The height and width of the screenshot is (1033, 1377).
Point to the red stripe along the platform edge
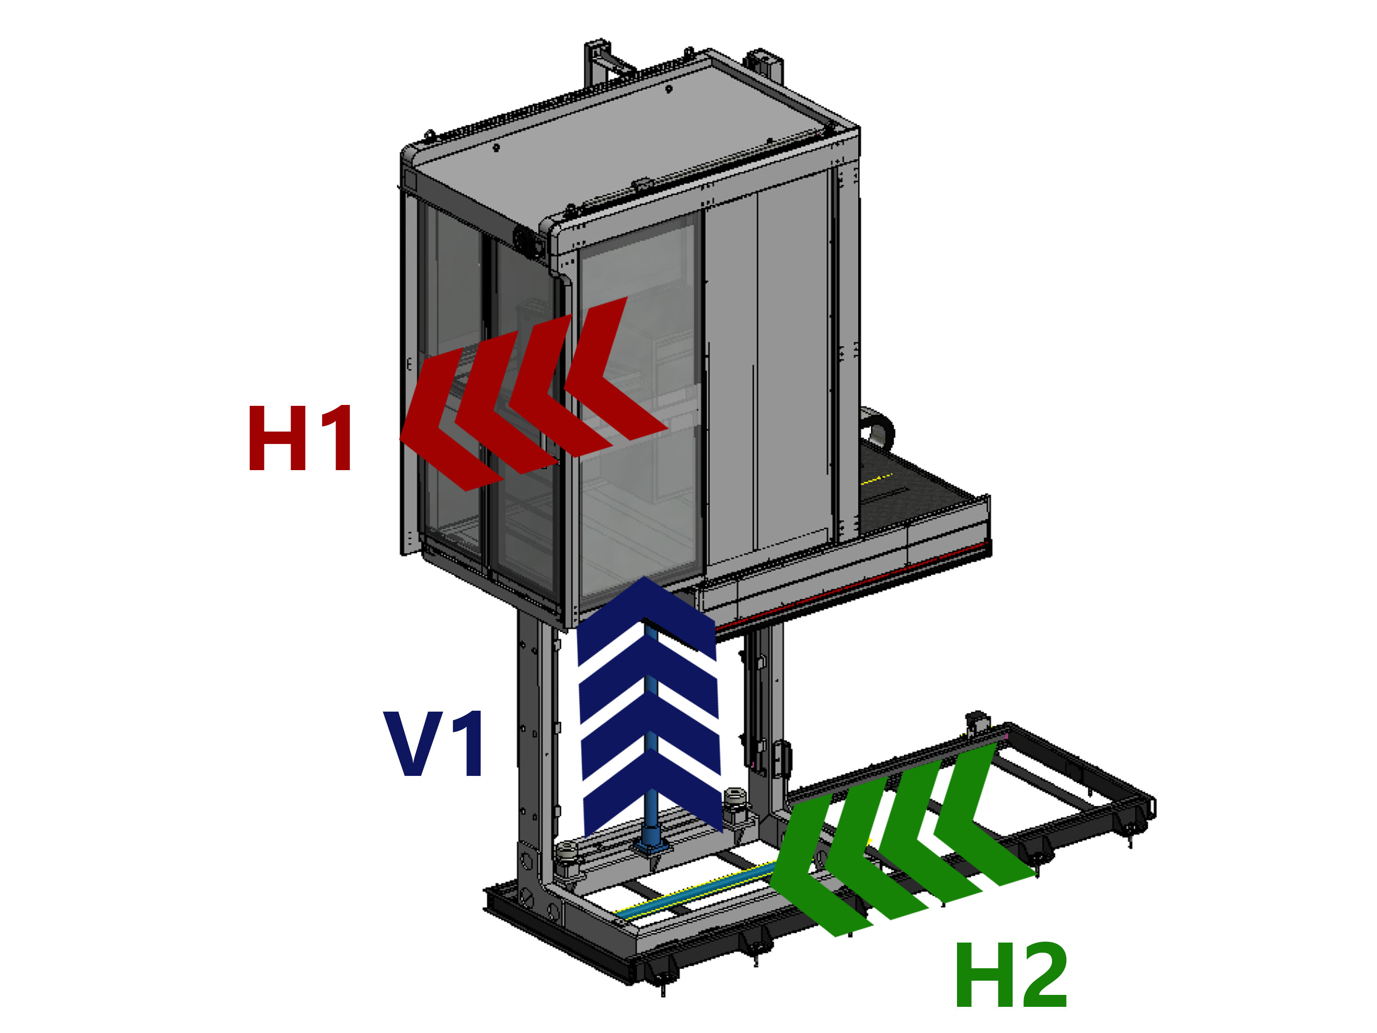[872, 579]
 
